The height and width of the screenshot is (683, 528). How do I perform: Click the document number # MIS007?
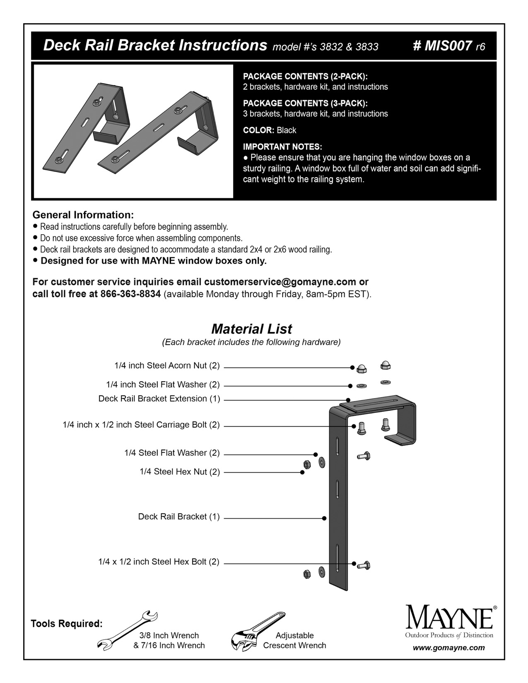442,46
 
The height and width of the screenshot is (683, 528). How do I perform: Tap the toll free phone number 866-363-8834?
130,294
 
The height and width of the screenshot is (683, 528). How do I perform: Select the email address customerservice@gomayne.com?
280,282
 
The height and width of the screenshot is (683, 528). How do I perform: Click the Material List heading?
251,329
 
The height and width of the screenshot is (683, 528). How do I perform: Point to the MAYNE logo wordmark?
449,618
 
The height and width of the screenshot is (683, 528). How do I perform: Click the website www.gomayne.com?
448,648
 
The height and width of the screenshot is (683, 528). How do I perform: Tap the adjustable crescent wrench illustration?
258,631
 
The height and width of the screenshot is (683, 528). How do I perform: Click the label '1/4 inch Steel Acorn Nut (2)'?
167,366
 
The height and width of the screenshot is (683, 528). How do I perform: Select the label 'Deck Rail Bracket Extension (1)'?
159,399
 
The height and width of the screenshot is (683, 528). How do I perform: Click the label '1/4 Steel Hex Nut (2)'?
180,472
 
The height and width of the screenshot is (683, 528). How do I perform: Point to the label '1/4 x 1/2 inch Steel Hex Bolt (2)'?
159,562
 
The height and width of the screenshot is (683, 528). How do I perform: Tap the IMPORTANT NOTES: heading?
282,147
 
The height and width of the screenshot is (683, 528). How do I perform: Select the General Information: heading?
83,215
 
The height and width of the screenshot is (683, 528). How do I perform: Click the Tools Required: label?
67,624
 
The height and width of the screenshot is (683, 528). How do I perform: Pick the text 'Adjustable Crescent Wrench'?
294,640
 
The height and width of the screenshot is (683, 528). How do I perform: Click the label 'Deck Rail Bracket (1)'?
179,517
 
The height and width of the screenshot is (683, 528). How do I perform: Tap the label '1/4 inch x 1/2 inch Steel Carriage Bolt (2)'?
141,425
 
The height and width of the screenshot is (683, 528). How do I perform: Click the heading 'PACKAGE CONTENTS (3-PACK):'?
305,103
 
